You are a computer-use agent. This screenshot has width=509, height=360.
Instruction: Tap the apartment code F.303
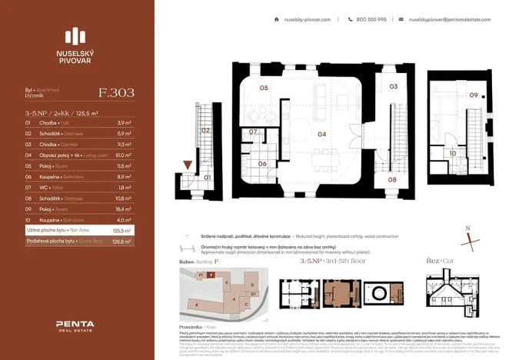117,92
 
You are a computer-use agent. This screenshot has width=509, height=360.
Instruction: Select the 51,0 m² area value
122,154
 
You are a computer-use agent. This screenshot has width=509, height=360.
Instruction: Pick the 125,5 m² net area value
122,229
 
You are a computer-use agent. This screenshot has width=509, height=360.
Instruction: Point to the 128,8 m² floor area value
122,241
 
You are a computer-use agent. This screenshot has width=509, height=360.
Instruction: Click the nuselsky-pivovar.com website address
307,19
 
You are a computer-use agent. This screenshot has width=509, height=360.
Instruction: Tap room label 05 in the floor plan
263,88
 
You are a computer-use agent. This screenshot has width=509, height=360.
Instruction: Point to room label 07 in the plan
252,132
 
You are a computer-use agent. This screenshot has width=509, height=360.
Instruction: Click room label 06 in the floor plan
261,163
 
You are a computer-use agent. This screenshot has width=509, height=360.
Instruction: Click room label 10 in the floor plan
453,153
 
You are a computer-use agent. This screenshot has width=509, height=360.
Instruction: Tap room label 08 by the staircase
391,179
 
